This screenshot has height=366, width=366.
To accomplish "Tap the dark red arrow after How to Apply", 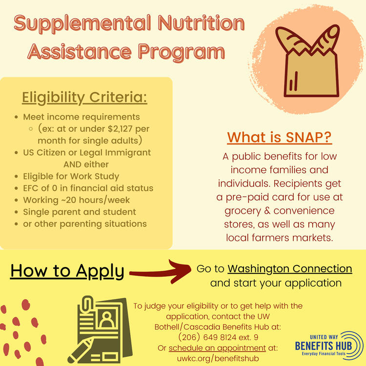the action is click(x=161, y=272).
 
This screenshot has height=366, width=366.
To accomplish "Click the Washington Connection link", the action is click(x=290, y=269).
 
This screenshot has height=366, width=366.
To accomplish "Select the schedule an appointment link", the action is click(x=217, y=348).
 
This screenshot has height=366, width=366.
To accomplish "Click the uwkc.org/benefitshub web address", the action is click(x=218, y=358).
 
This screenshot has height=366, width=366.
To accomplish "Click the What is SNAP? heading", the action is click(x=279, y=137).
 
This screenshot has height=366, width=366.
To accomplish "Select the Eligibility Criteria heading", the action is click(x=84, y=98).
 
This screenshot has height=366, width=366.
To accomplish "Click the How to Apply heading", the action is click(x=67, y=271).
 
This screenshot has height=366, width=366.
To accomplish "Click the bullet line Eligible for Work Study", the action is click(x=71, y=177).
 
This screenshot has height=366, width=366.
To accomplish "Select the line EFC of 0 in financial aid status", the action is click(x=88, y=188).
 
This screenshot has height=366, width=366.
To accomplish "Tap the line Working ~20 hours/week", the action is click(x=76, y=200).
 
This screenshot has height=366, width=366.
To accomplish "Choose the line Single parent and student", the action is click(x=80, y=212).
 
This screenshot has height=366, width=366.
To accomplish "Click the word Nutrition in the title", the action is click(x=201, y=23).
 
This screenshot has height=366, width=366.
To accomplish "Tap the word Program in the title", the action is click(x=181, y=52).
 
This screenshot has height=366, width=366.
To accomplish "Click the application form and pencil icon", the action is click(x=100, y=330).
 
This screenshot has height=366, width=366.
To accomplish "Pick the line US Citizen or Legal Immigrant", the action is click(x=87, y=153).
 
